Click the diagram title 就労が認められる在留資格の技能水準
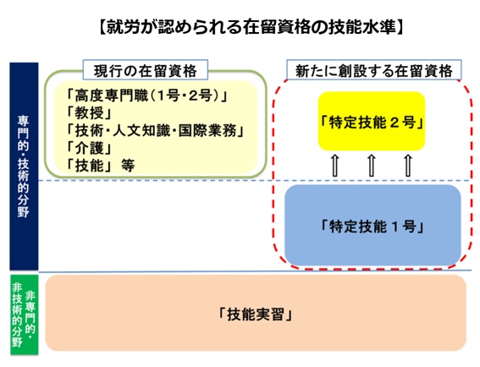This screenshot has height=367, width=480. click(x=251, y=28)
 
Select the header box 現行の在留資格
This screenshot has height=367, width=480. click(x=145, y=70)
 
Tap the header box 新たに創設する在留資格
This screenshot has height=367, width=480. click(x=374, y=70)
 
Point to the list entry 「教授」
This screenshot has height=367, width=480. click(x=90, y=113)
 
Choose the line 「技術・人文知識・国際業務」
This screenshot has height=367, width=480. click(x=156, y=130)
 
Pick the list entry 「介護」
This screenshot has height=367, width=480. click(x=90, y=148)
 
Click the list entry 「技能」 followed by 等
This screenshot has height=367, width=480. click(x=101, y=166)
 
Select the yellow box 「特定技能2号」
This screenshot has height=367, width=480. click(x=372, y=122)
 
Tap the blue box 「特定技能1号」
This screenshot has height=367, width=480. click(x=372, y=225)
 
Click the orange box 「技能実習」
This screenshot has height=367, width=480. click(x=256, y=313)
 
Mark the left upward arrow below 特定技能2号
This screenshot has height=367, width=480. click(x=335, y=166)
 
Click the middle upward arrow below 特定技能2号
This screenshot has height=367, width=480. click(x=372, y=166)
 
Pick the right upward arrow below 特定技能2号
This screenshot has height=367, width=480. click(x=408, y=166)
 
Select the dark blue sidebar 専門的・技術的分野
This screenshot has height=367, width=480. click(x=24, y=167)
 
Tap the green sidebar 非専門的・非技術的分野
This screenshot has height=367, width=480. click(x=25, y=315)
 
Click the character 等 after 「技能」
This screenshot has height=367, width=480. click(x=128, y=166)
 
